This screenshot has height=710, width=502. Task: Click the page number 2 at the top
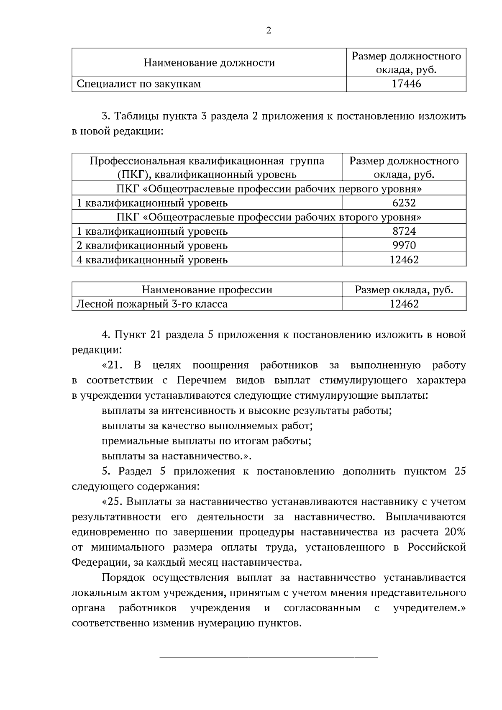click(269, 31)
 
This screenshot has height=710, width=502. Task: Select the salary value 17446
click(406, 84)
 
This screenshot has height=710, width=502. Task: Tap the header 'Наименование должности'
click(209, 63)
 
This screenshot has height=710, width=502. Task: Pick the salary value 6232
click(404, 203)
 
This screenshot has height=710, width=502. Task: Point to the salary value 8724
click(404, 231)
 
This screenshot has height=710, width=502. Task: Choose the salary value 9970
click(404, 245)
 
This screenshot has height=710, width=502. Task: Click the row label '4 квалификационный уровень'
click(152, 260)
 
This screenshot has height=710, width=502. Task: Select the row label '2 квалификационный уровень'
click(152, 245)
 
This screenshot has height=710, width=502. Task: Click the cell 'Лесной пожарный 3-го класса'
click(152, 304)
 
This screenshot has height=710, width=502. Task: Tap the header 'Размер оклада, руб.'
click(404, 290)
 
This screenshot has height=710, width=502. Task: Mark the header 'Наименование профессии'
click(207, 290)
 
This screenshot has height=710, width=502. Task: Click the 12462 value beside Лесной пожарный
click(404, 304)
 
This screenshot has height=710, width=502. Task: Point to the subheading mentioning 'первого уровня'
click(269, 189)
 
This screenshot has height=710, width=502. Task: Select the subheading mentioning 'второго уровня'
click(269, 217)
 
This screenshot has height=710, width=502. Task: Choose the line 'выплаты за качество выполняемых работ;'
click(207, 426)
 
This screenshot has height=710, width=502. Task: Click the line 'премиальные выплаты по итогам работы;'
click(207, 441)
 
